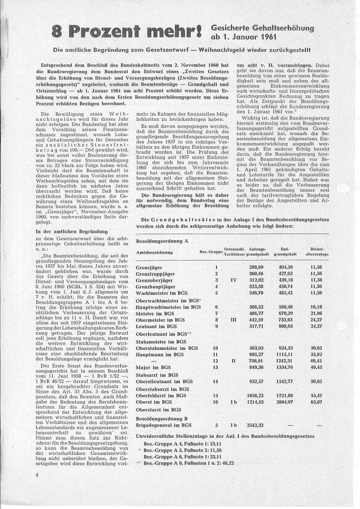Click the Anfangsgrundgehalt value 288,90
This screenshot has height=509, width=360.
coord(256,267)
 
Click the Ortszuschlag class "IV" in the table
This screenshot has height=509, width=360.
coord(233,280)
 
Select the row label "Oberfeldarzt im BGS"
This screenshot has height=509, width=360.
coord(161,396)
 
